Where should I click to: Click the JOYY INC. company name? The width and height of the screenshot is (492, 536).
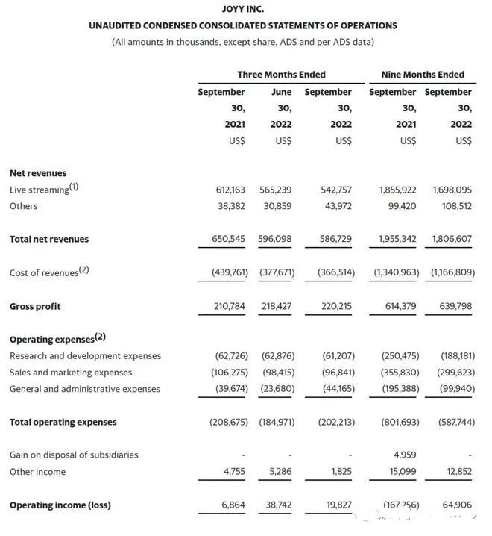[243, 10]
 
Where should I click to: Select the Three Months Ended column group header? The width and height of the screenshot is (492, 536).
[281, 75]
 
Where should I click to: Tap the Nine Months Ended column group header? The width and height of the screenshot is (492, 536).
[422, 75]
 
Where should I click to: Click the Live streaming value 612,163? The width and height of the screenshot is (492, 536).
[230, 190]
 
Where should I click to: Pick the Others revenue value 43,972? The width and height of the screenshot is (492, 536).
[336, 206]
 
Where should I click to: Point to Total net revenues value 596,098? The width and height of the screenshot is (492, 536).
[278, 240]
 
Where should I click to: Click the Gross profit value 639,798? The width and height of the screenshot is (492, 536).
[452, 307]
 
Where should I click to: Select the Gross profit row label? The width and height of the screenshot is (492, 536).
[35, 307]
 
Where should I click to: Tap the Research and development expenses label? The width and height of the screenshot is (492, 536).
[85, 356]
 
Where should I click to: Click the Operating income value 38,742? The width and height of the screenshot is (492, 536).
[279, 505]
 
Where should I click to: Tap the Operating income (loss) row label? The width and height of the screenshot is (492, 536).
[60, 505]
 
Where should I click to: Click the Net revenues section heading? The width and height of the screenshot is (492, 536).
[38, 173]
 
